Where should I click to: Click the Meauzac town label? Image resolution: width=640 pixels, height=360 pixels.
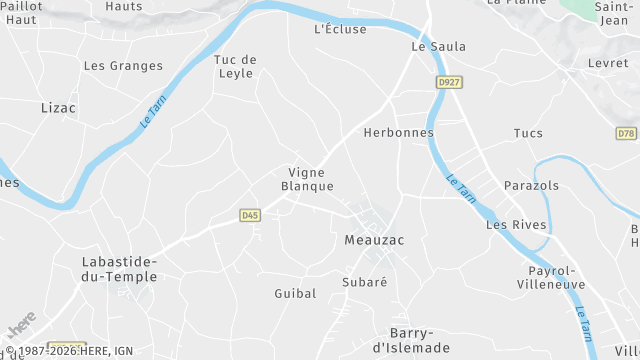(x=374, y=241)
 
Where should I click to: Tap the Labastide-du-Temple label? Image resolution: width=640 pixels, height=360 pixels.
(x=119, y=269)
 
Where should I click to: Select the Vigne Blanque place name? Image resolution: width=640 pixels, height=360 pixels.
(x=307, y=179)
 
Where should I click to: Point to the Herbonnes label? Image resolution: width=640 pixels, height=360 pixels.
(x=399, y=133)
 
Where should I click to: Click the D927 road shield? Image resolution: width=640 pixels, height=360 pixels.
(x=449, y=81)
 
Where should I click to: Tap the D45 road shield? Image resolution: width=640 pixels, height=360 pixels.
(x=251, y=214)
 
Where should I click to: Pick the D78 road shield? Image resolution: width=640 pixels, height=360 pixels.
(x=626, y=133)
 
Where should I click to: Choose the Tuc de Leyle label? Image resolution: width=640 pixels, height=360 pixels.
(x=236, y=66)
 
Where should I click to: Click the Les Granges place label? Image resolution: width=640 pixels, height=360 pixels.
(x=123, y=66)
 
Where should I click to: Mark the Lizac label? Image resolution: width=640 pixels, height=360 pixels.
(x=58, y=107)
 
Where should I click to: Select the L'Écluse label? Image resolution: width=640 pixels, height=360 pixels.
(x=340, y=29)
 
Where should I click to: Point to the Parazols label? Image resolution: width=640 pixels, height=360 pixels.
(x=532, y=186)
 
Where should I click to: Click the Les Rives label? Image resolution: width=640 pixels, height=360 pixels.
(x=516, y=225)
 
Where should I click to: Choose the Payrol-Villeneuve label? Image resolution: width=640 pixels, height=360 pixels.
(x=551, y=277)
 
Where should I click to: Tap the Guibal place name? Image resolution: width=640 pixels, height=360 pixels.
(x=295, y=293)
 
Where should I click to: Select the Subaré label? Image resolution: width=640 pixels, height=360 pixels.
(x=364, y=282)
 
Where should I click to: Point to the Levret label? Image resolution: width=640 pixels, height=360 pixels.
(x=609, y=63)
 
